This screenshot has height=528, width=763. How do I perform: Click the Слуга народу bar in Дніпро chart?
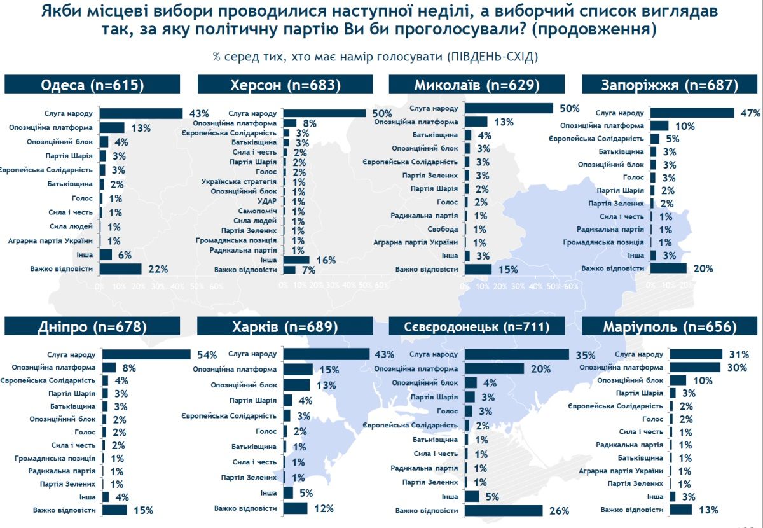click(x=147, y=354)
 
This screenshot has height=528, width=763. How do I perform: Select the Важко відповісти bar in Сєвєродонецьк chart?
click(x=504, y=510)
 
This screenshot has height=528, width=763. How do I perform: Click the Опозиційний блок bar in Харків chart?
click(x=296, y=385)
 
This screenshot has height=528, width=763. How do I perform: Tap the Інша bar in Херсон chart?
click(x=296, y=260)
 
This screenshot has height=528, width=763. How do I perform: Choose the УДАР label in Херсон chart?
click(x=266, y=201)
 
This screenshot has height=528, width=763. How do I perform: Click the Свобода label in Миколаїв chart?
click(x=444, y=229)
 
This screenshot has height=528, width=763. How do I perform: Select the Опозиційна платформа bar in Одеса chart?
click(x=112, y=127)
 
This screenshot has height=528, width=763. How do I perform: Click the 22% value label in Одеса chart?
click(x=157, y=269)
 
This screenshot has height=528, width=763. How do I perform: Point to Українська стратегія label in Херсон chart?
click(x=239, y=182)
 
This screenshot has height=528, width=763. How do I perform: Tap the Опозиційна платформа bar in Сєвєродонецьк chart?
click(x=495, y=368)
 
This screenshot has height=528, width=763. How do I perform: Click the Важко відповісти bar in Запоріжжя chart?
click(x=668, y=268)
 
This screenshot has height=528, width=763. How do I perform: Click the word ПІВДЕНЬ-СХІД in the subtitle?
click(x=492, y=57)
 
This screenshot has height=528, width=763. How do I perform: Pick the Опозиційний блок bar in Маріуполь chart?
click(x=678, y=380)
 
